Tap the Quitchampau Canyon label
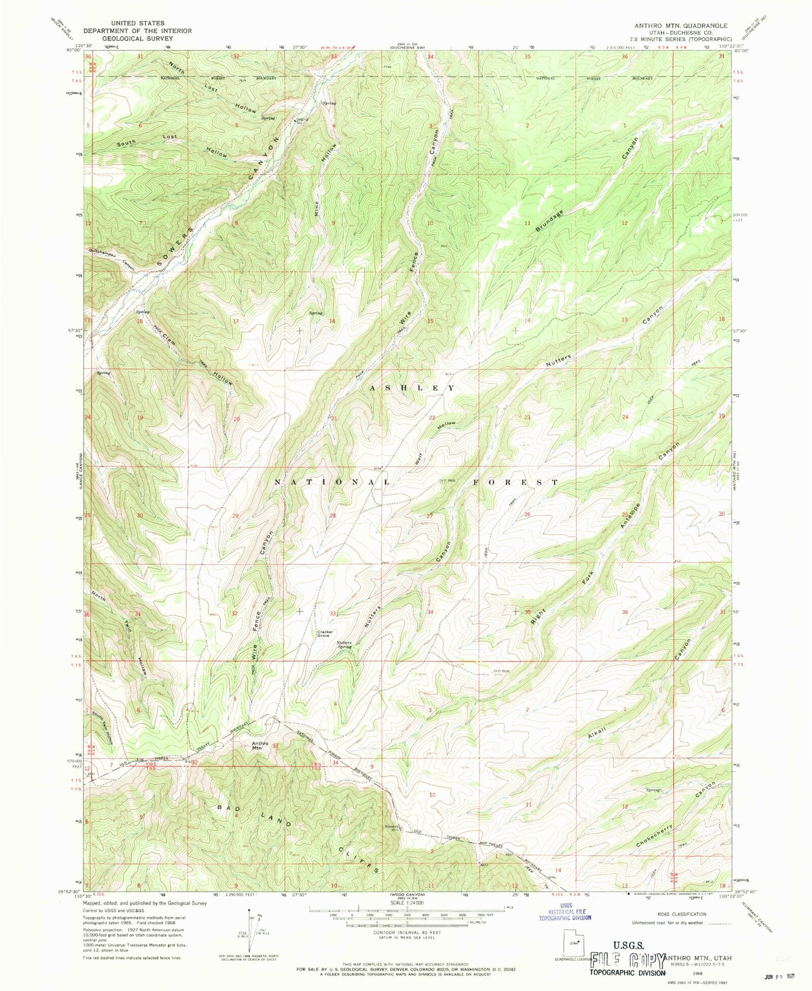click(x=111, y=258)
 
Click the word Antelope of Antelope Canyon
click(x=632, y=513)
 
